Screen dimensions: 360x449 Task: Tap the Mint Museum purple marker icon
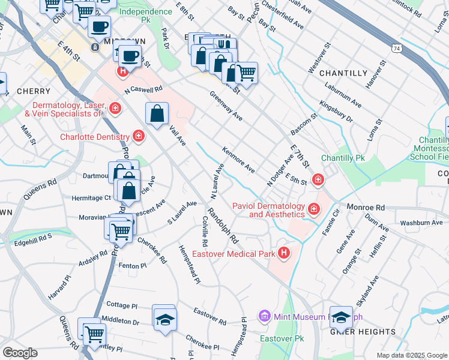point(264,316)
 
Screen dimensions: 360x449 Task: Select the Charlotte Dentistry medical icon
point(139,137)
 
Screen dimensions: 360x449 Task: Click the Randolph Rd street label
point(223,226)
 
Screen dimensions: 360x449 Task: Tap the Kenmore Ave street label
point(239,159)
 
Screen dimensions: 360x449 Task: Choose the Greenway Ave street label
point(226,106)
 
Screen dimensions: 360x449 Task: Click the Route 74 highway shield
point(397,47)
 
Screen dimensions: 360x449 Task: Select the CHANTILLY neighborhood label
point(343,73)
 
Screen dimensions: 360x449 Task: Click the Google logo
point(20,352)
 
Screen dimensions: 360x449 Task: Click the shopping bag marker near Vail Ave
point(157,113)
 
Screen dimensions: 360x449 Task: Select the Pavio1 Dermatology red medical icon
point(313,209)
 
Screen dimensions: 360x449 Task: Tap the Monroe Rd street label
point(378,205)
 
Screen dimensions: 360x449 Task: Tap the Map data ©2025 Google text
point(411,355)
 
